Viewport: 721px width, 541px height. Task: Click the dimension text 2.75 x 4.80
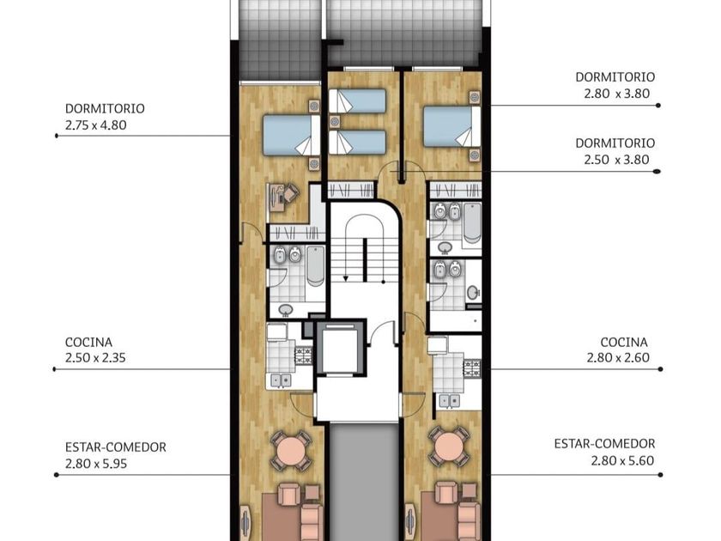[x=95, y=125]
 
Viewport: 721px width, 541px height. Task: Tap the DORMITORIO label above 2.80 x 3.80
[x=615, y=76]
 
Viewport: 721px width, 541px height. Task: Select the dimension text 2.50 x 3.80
[x=616, y=160]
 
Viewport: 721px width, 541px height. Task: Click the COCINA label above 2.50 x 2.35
[x=88, y=343]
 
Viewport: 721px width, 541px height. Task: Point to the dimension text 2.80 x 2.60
[x=618, y=357]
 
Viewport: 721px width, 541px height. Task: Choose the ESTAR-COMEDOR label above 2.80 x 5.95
[x=115, y=447]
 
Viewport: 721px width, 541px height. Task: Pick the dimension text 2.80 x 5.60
[x=622, y=460]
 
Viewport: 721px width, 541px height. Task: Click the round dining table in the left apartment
[x=291, y=450]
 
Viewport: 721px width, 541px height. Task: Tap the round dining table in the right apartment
[x=449, y=447]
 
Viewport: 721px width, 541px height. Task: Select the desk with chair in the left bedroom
[x=282, y=197]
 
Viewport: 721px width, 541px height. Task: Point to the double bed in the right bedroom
[x=452, y=126]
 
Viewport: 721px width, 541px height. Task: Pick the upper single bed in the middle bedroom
[x=357, y=100]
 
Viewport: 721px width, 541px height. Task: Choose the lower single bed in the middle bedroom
[x=357, y=143]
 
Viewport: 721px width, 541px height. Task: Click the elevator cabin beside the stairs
[x=339, y=350]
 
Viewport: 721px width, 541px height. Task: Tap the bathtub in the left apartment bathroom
[x=316, y=266]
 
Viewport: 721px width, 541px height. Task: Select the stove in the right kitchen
[x=472, y=367]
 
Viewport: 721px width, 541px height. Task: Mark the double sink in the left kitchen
[x=280, y=380]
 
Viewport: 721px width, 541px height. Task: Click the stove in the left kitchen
[x=304, y=355]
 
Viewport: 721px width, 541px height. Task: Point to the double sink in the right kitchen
[x=450, y=401]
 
